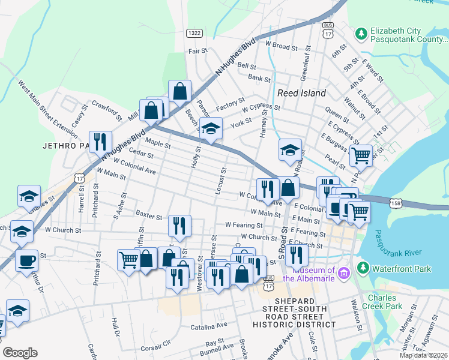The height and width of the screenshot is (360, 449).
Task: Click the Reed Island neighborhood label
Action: pyautogui.click(x=301, y=93)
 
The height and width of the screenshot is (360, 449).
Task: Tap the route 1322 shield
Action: pyautogui.click(x=193, y=33)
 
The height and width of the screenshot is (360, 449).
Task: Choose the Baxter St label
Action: pyautogui.click(x=149, y=215)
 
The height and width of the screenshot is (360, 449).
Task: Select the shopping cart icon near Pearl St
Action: pyautogui.click(x=360, y=155)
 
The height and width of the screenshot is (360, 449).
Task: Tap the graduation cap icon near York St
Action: pyautogui.click(x=211, y=128)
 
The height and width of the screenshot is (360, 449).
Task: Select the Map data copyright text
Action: pyautogui.click(x=423, y=355)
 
